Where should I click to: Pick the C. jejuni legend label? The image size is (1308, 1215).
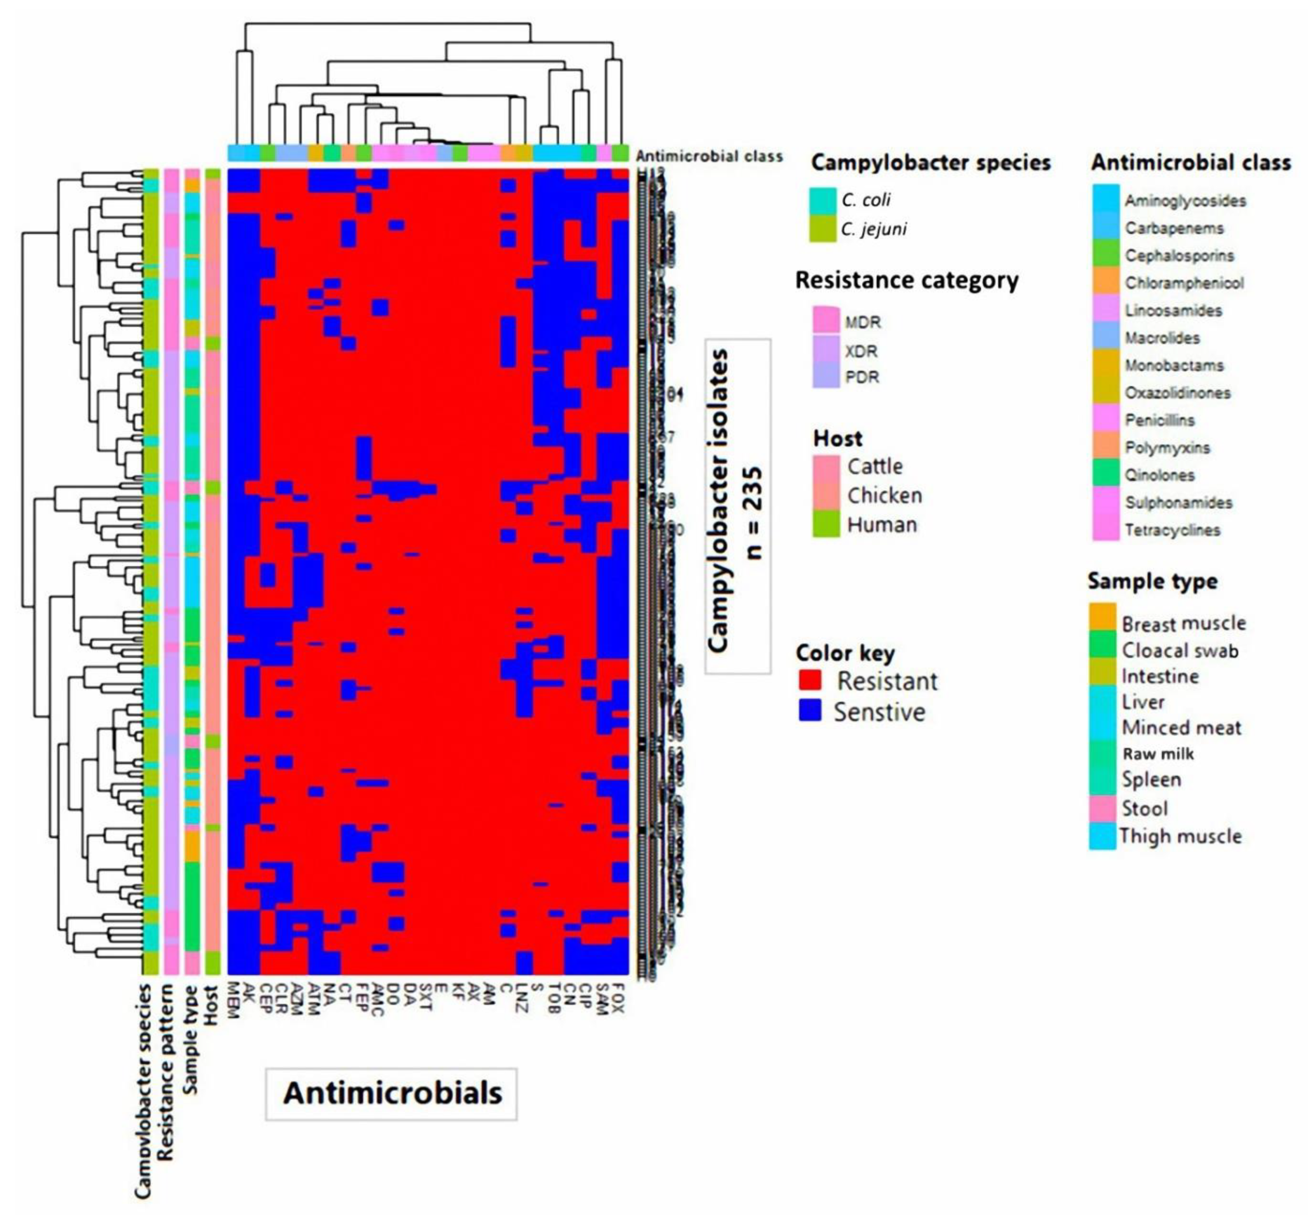[x=873, y=229]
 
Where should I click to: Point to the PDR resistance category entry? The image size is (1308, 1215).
[x=862, y=377]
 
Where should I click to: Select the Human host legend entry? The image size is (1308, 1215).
[x=881, y=525]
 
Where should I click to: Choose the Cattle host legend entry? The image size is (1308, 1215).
[x=875, y=466]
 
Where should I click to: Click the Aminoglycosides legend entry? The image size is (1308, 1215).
[x=1184, y=200]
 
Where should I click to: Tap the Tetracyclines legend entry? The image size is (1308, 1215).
[x=1172, y=530]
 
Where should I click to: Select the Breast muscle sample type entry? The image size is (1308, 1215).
[x=1183, y=623]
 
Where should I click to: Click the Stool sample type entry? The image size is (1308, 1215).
[x=1144, y=808]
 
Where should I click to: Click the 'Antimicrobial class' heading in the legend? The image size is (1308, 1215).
[x=1191, y=162]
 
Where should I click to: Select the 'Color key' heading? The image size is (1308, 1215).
[x=845, y=653]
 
